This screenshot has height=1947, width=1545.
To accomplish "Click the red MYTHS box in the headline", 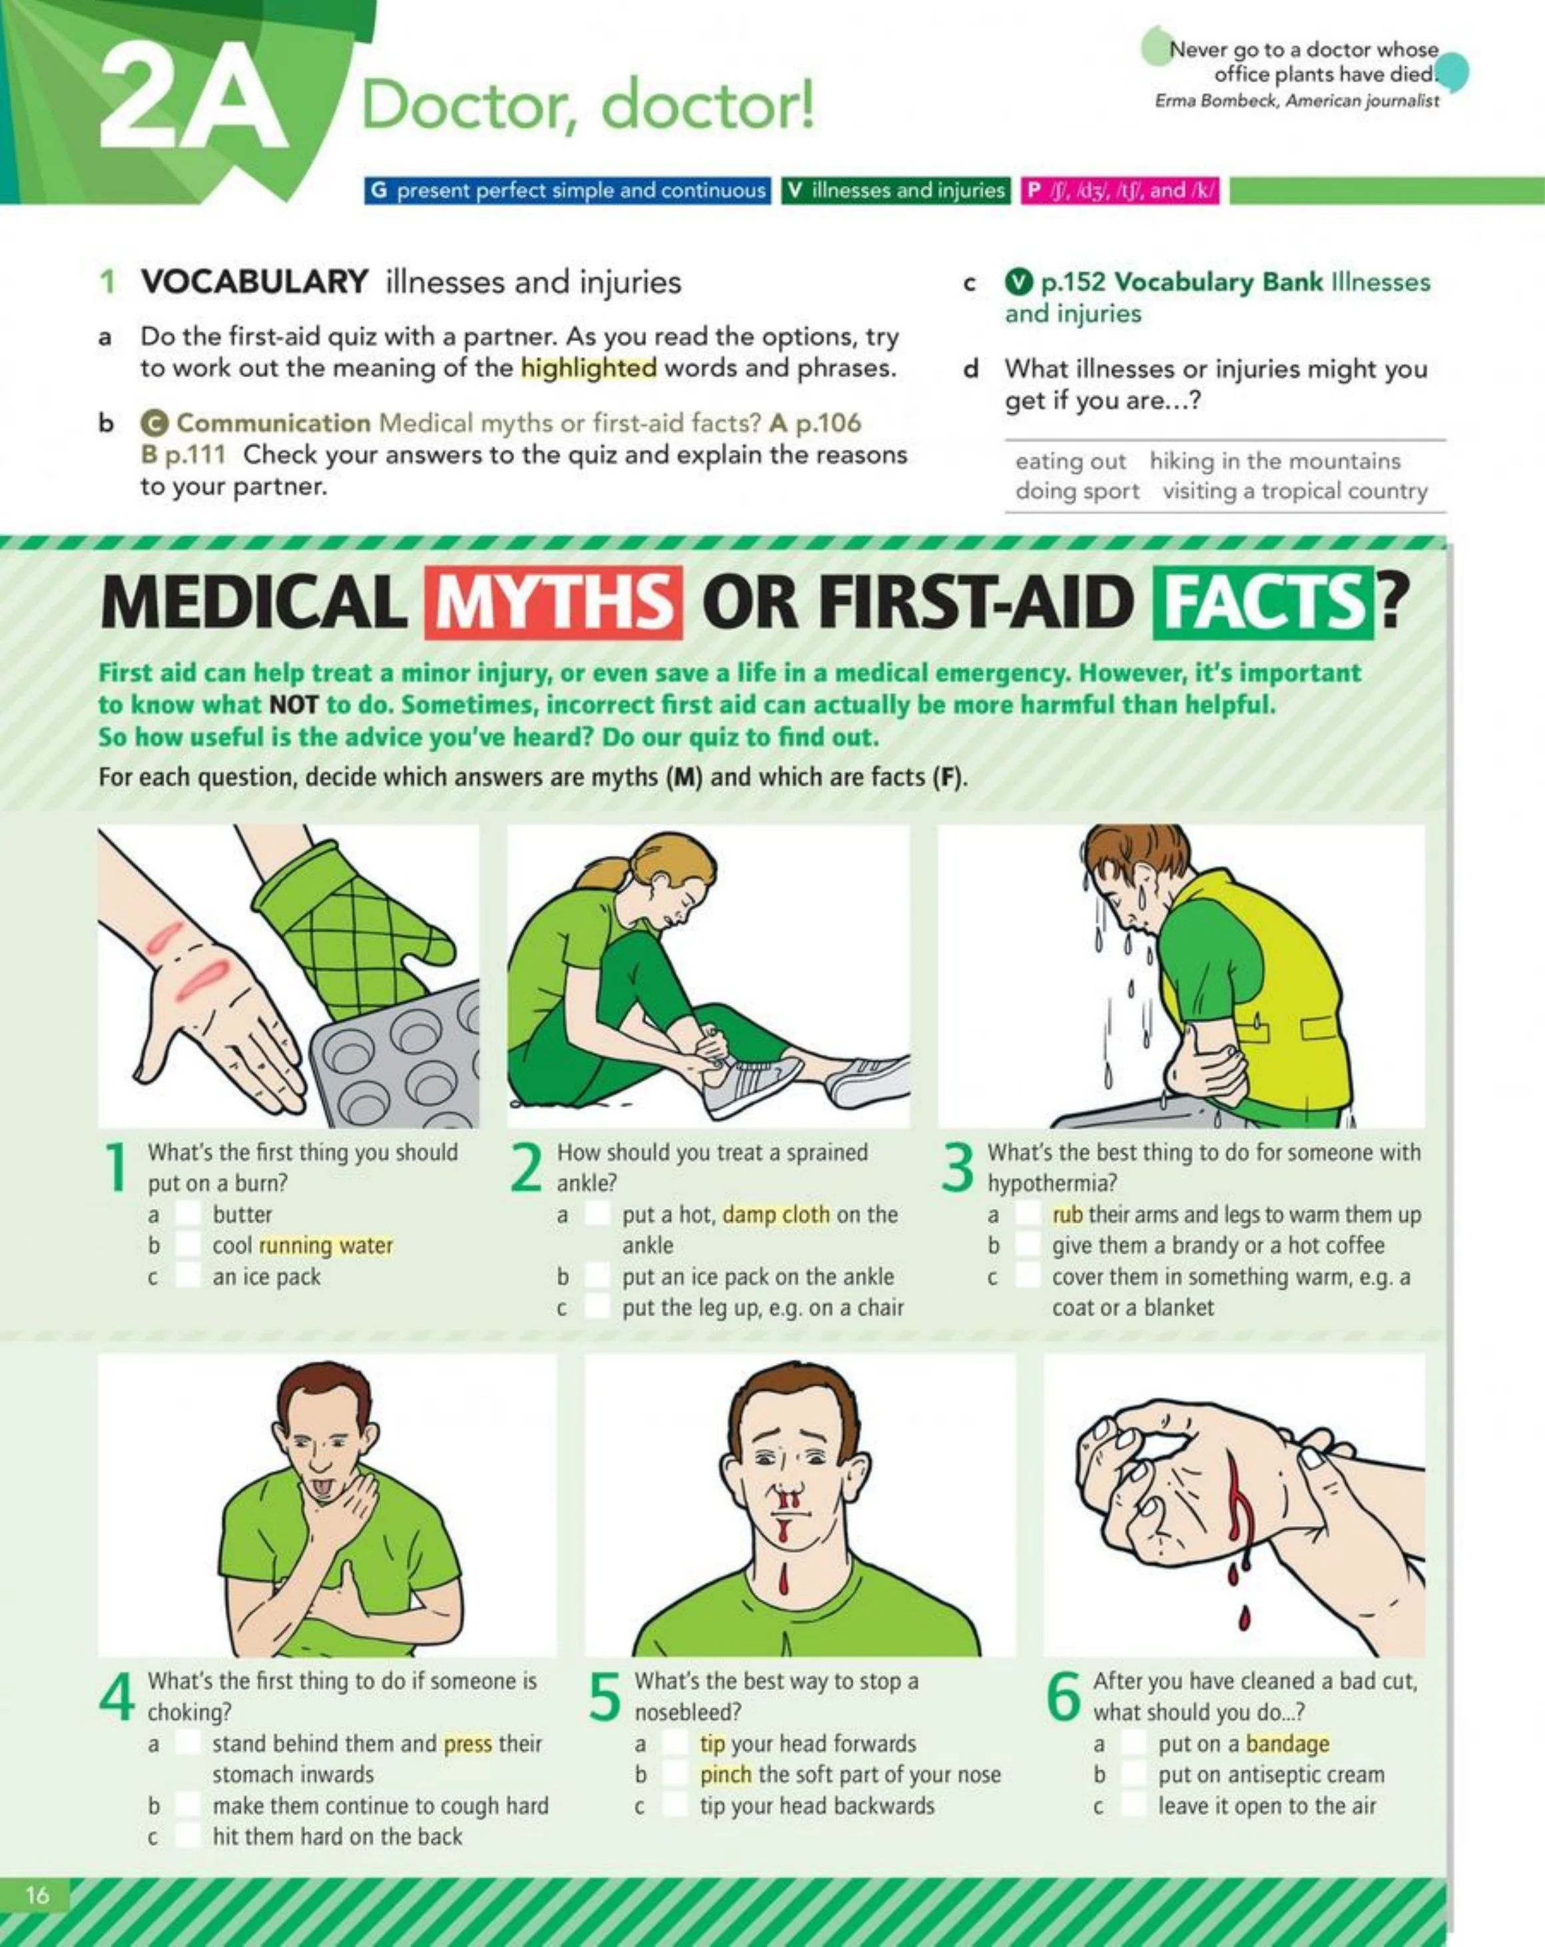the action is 553,602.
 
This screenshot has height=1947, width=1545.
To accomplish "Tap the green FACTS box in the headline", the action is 1263,602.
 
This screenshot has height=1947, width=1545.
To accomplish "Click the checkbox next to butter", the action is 187,1214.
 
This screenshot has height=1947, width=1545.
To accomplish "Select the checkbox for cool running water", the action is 187,1246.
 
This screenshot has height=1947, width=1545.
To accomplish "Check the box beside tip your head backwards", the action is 674,1805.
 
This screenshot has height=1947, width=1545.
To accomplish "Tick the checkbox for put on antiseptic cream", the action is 1133,1774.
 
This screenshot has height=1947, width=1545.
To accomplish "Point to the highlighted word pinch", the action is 725,1774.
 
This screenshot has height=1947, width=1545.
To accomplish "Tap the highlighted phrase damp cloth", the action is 776,1214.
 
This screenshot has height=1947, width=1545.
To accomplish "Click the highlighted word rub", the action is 1068,1214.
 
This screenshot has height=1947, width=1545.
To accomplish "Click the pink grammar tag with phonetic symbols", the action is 1119,191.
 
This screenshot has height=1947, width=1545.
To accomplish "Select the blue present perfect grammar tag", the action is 567,191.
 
